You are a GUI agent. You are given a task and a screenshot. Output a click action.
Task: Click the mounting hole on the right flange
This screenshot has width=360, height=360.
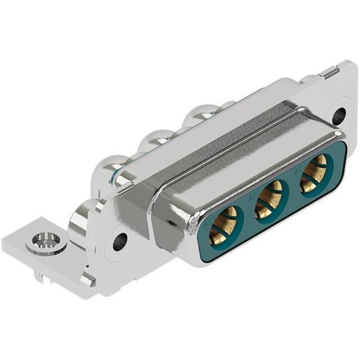point(338,116)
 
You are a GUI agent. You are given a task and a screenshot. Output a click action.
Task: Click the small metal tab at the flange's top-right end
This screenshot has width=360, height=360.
point(330,72)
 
